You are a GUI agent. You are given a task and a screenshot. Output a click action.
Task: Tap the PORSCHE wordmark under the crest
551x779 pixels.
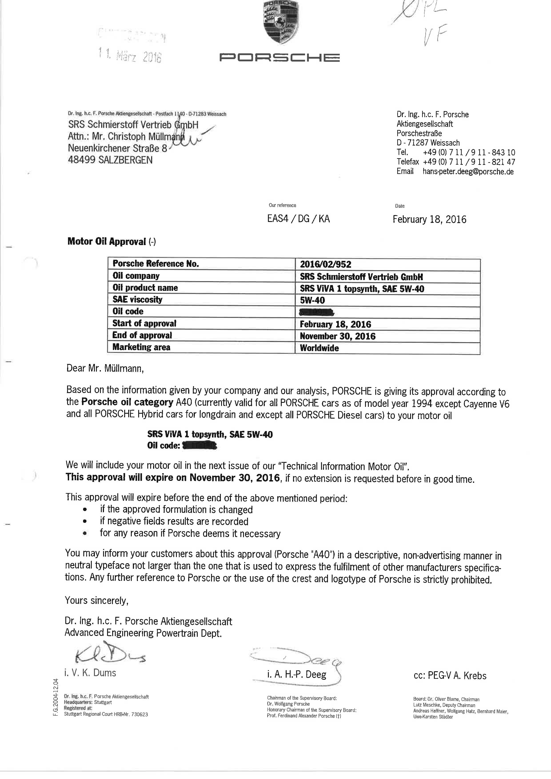pyautogui.click(x=279, y=58)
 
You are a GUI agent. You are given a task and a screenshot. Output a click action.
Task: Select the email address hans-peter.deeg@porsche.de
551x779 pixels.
pyautogui.click(x=468, y=172)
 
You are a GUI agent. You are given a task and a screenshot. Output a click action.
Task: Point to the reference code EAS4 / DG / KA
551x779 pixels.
pyautogui.click(x=298, y=219)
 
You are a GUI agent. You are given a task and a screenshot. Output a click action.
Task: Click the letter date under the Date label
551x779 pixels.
pyautogui.click(x=429, y=220)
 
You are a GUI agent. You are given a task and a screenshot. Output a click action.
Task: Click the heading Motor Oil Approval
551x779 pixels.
pyautogui.click(x=107, y=242)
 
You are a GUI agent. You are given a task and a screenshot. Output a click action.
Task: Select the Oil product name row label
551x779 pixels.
pyautogui.click(x=145, y=288)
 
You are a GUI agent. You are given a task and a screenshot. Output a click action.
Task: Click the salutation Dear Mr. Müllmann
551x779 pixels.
pyautogui.click(x=105, y=368)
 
